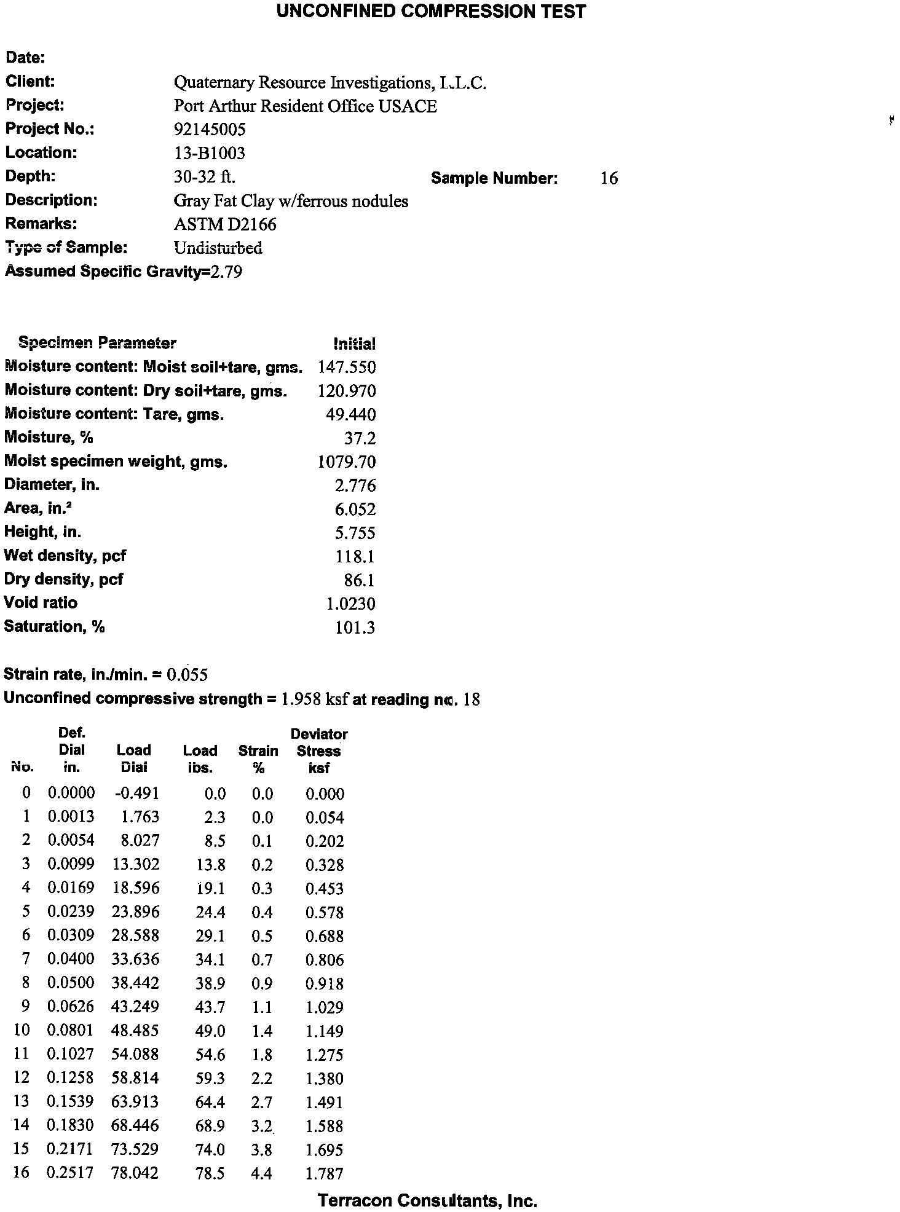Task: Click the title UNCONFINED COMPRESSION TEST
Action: pyautogui.click(x=431, y=12)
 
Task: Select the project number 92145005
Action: pyautogui.click(x=210, y=129)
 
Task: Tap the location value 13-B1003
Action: pyautogui.click(x=209, y=153)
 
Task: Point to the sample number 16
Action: pyautogui.click(x=609, y=178)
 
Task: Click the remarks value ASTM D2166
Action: pyautogui.click(x=225, y=224)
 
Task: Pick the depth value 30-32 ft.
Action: pyautogui.click(x=205, y=177)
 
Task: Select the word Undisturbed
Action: pyautogui.click(x=218, y=248)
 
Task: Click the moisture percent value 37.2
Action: pyautogui.click(x=360, y=438)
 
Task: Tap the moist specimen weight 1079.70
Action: pyautogui.click(x=346, y=462)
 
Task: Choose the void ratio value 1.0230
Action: pyautogui.click(x=350, y=604)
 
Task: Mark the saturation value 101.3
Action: pyautogui.click(x=355, y=628)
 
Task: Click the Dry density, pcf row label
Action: pyautogui.click(x=63, y=579)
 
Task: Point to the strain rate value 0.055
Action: pyautogui.click(x=187, y=675)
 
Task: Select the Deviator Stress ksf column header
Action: pyautogui.click(x=318, y=750)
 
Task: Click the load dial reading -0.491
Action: pyautogui.click(x=136, y=793)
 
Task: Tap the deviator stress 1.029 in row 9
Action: pyautogui.click(x=325, y=1007)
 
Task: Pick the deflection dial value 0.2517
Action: pyautogui.click(x=71, y=1173)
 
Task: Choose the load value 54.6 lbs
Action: pyautogui.click(x=210, y=1055)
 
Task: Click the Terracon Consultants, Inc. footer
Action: pyautogui.click(x=427, y=1200)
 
